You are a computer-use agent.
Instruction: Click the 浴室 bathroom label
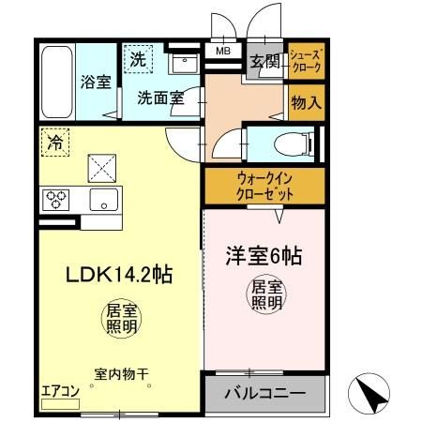click(96, 82)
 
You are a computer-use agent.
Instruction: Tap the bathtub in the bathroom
click(56, 82)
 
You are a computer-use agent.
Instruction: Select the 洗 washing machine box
click(139, 58)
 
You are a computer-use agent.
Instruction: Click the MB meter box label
click(224, 52)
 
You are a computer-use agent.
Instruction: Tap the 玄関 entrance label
click(264, 63)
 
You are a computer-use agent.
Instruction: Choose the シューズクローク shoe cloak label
click(307, 61)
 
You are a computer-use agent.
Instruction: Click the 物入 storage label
click(307, 101)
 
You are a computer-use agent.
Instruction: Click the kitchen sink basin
click(103, 199)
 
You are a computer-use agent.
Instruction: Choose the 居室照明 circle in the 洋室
click(265, 294)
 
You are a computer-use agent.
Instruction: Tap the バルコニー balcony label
click(264, 394)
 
